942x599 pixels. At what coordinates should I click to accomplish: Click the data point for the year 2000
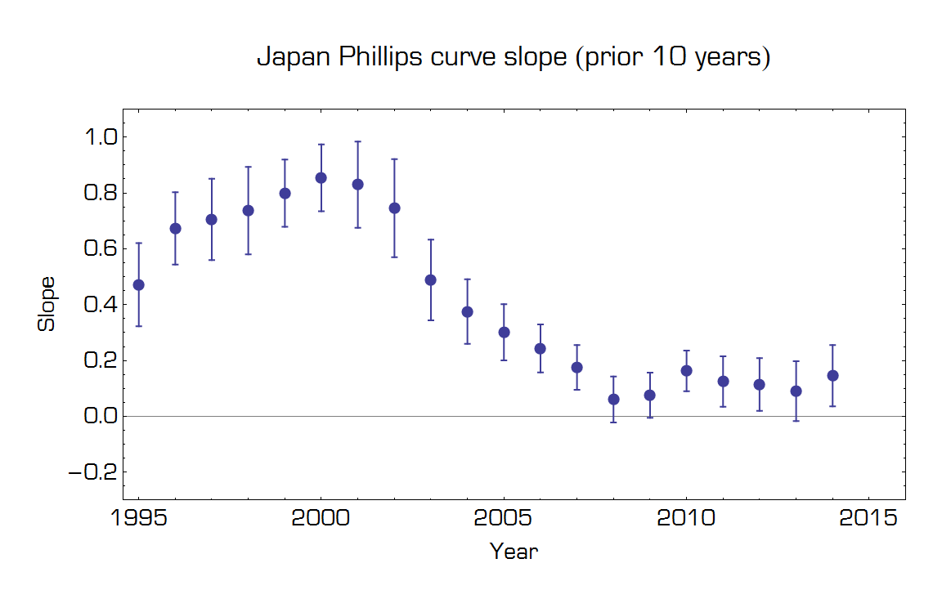321,177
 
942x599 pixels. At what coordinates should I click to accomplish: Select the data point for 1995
138,284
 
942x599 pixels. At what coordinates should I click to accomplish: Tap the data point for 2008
613,399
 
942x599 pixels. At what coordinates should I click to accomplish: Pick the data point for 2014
832,375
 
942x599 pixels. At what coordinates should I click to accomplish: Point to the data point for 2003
431,279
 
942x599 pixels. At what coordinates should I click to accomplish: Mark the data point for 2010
687,370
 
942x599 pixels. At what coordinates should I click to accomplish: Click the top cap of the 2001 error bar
357,141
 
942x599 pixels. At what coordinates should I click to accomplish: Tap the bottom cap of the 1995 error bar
138,326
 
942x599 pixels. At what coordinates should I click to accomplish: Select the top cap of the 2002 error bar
394,159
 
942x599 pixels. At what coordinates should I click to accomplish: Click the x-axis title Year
514,552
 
